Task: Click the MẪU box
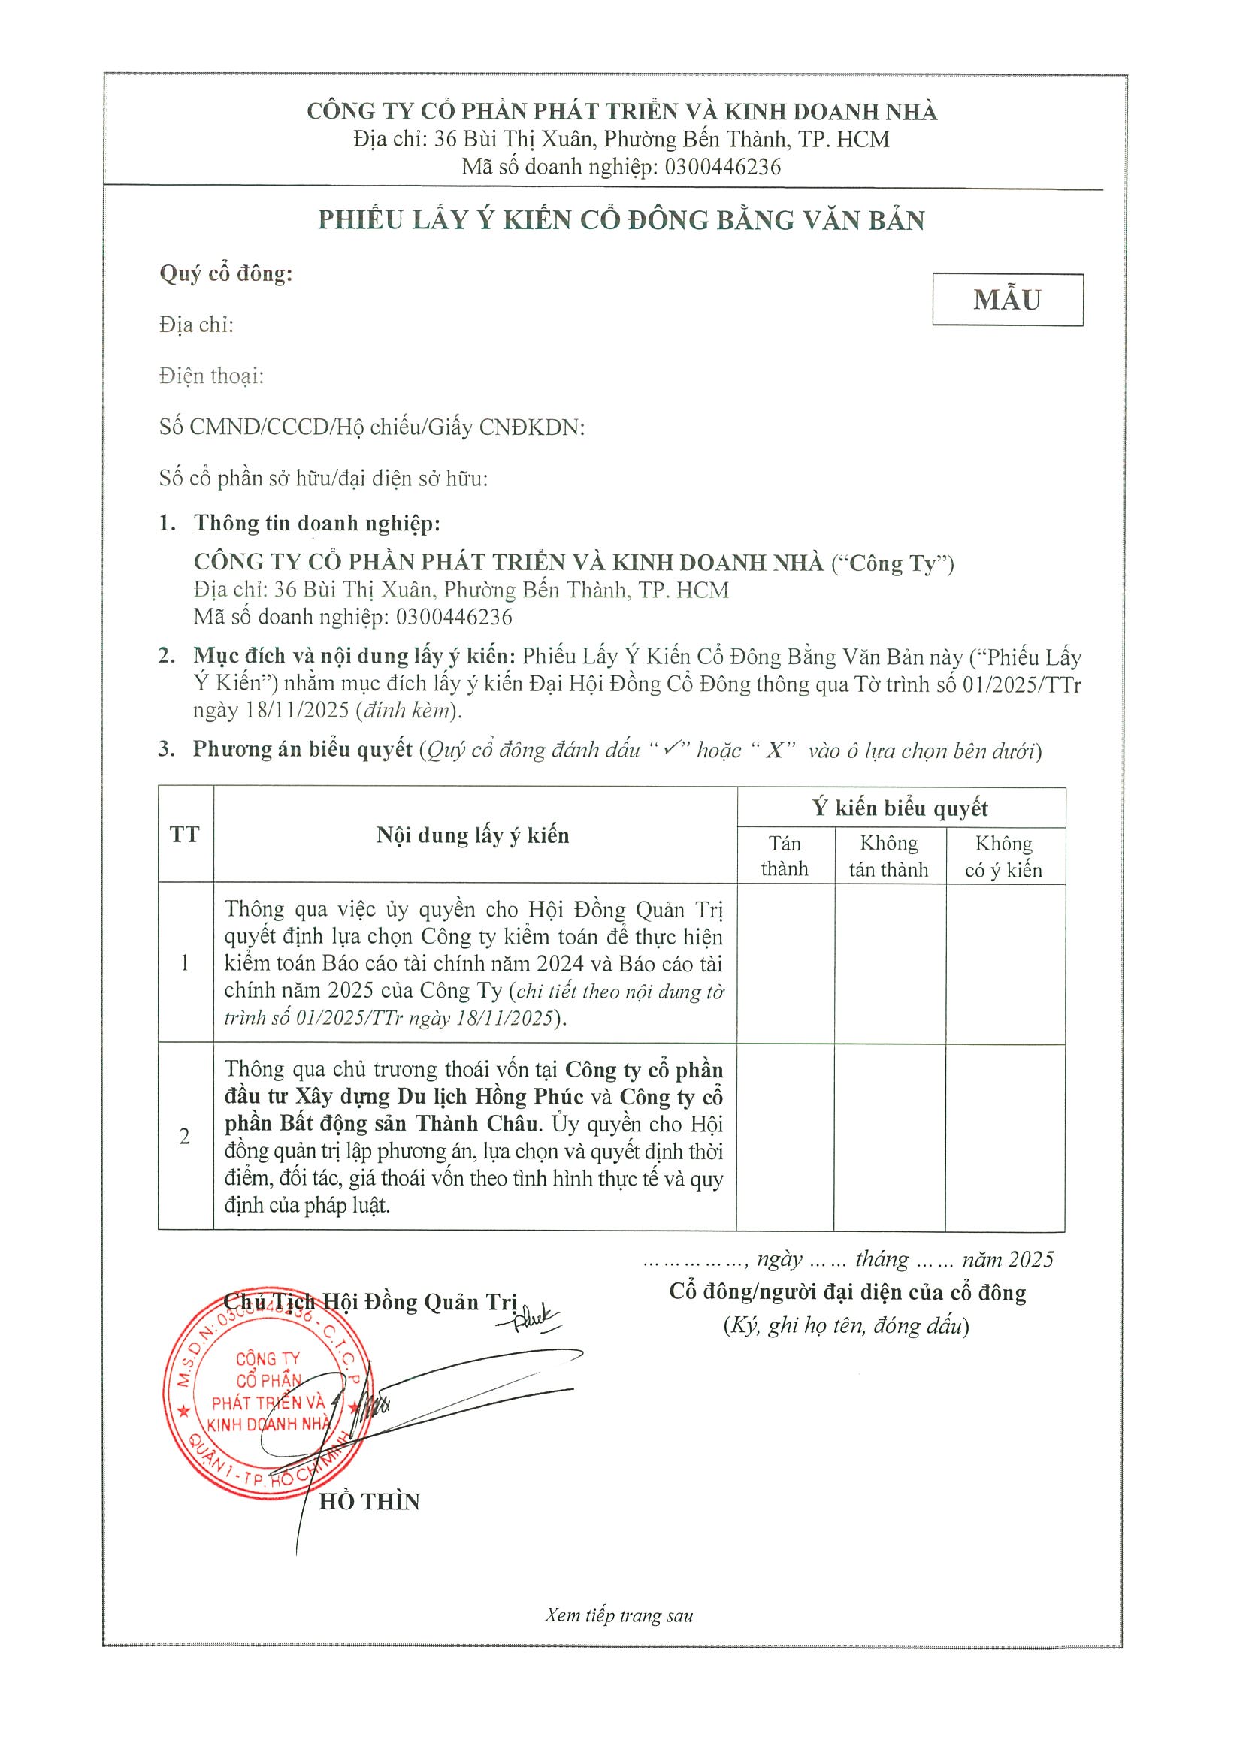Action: [x=1006, y=299]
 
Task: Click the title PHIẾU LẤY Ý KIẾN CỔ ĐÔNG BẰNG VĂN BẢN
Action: [x=621, y=221]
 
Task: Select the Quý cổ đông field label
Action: [x=226, y=273]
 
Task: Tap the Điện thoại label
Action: [x=211, y=376]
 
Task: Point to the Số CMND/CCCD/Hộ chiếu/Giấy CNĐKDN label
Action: [x=371, y=427]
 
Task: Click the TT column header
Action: [x=185, y=834]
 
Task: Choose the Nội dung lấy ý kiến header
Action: [x=473, y=835]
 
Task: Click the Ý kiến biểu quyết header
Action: [x=900, y=808]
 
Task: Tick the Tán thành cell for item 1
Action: [x=785, y=962]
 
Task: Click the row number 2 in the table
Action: [x=185, y=1136]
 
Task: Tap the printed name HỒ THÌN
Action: [x=369, y=1502]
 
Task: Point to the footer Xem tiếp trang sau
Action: [x=618, y=1615]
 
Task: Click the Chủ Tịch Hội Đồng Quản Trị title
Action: [x=370, y=1302]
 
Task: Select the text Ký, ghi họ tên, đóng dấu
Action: [x=846, y=1325]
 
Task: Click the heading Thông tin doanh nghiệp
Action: [x=317, y=523]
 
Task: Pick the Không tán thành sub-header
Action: [x=888, y=856]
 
